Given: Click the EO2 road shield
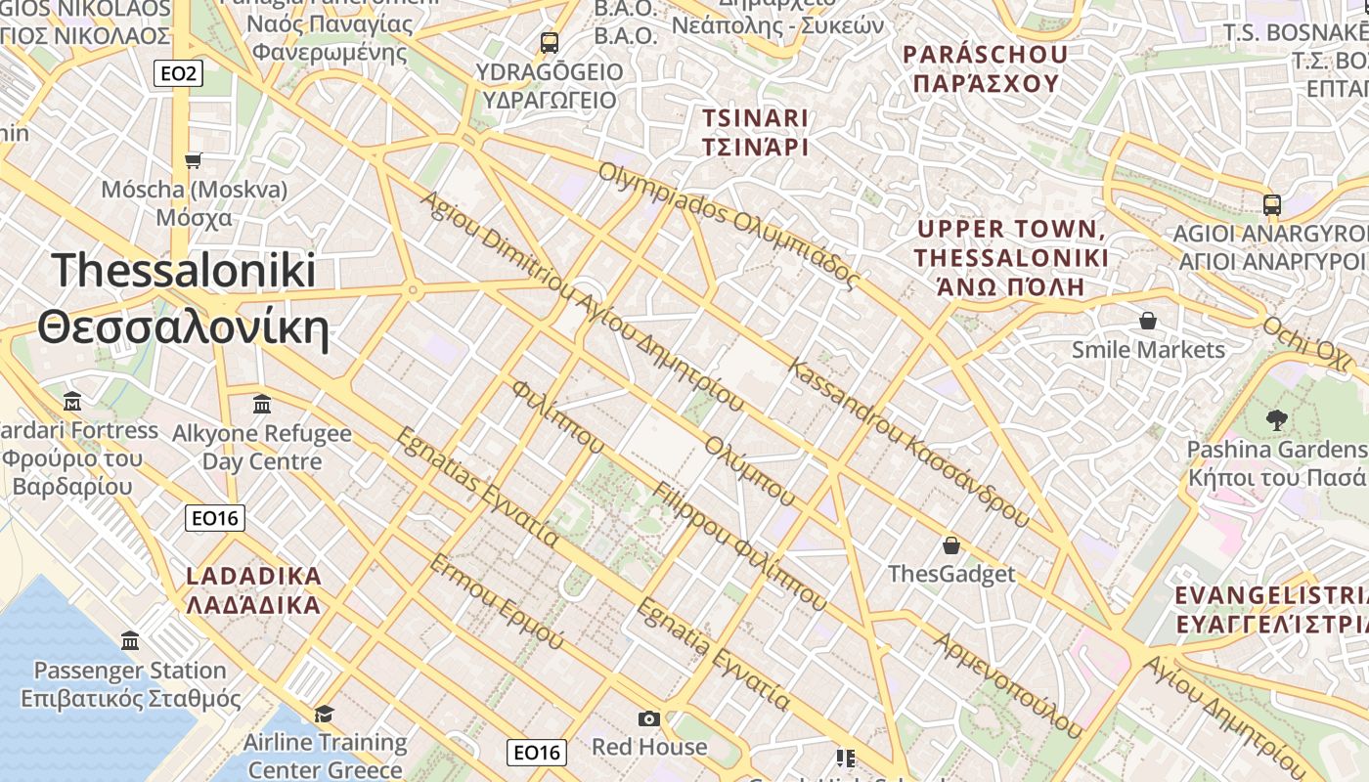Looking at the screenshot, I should click(178, 73).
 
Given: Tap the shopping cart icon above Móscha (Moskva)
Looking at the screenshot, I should click(194, 159).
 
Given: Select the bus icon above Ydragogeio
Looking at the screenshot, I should click(549, 43).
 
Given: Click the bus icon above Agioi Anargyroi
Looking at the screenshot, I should click(1271, 205).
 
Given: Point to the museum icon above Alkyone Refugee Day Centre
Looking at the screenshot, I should click(262, 404).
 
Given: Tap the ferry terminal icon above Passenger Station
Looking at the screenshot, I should click(130, 641).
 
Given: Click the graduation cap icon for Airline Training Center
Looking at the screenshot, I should click(324, 714).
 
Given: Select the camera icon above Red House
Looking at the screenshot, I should click(648, 719).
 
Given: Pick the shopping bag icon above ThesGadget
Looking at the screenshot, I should click(950, 545).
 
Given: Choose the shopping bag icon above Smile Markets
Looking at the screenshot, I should click(1148, 321).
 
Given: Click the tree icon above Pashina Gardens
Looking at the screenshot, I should click(1275, 420).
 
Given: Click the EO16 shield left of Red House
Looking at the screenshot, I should click(537, 752).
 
